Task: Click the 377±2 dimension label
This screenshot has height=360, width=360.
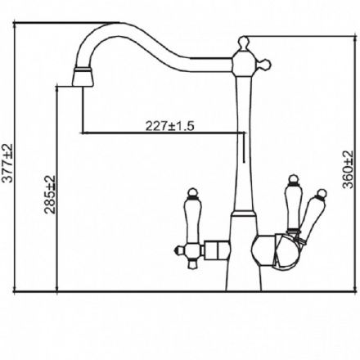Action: point(7,163)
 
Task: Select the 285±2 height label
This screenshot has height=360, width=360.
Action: point(50,195)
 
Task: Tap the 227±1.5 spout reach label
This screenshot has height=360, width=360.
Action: point(169,126)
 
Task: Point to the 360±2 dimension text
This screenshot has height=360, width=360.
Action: point(348,169)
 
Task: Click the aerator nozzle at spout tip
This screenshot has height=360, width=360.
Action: point(83,77)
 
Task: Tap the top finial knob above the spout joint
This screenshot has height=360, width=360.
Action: point(244,43)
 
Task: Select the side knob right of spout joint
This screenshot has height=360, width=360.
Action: point(266,65)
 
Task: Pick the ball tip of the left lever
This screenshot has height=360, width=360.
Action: point(193,192)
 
